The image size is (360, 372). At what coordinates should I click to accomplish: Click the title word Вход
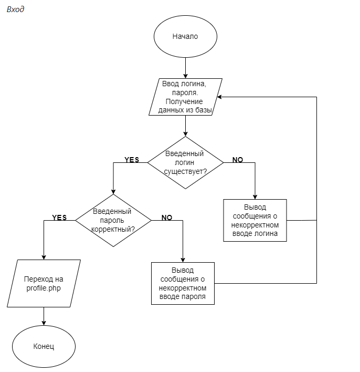[x=15, y=9]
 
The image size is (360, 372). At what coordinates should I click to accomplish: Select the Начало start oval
[x=185, y=37]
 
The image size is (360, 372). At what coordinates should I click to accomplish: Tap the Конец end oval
[x=44, y=347]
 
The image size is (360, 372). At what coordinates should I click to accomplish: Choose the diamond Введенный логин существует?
[x=185, y=162]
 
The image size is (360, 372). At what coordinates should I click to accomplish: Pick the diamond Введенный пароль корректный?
[x=113, y=221]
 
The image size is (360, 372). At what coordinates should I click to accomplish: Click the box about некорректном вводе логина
[x=255, y=220]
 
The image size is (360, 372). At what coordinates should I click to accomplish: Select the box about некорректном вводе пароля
[x=183, y=283]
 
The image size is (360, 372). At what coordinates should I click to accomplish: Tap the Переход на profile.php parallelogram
[x=44, y=283]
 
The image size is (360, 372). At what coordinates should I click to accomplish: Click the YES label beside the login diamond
[x=132, y=160]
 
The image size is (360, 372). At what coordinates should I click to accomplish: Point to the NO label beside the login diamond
[x=237, y=160]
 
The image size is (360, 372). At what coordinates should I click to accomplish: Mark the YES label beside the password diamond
[x=59, y=218]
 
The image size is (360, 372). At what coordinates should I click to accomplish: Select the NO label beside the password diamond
[x=167, y=218]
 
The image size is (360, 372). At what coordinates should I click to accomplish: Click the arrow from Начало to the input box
[x=185, y=68]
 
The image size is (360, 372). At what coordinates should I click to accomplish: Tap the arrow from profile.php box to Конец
[x=44, y=316]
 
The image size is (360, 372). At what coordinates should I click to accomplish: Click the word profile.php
[x=44, y=288]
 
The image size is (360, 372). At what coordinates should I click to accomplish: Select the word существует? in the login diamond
[x=185, y=171]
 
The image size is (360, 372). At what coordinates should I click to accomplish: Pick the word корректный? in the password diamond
[x=113, y=230]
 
